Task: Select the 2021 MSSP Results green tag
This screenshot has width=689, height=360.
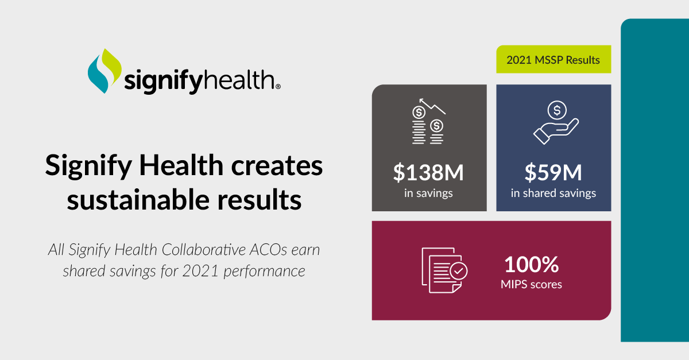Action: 553,60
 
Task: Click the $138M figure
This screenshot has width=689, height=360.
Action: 428,172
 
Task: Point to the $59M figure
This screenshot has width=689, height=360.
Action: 553,172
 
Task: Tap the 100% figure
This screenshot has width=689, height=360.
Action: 531,265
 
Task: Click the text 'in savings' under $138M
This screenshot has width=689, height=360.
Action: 428,193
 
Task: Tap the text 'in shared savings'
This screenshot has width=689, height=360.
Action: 553,193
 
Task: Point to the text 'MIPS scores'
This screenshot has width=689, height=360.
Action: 531,284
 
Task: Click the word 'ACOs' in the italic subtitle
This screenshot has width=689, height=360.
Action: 272,251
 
